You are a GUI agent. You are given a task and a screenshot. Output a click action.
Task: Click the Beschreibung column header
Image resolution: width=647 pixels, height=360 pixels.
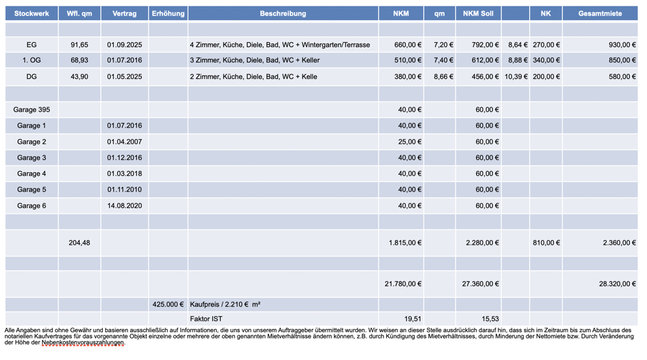tap(283, 14)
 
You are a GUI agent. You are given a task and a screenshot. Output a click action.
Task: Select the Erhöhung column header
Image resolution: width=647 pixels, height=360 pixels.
tap(168, 14)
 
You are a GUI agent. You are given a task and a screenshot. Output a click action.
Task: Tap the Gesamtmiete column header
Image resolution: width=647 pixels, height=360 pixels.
tap(600, 14)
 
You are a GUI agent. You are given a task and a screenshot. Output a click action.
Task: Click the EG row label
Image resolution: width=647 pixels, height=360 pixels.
tap(32, 45)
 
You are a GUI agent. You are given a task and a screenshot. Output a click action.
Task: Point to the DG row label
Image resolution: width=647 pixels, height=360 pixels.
tap(32, 77)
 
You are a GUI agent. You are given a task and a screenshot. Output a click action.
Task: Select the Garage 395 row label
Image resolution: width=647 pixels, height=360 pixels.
tap(32, 110)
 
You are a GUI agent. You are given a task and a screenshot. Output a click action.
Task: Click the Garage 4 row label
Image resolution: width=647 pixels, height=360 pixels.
tap(32, 174)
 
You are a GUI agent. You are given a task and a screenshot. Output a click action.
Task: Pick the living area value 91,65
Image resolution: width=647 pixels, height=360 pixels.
tap(80, 45)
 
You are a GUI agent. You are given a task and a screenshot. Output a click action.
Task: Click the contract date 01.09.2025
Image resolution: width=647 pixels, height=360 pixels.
tap(124, 45)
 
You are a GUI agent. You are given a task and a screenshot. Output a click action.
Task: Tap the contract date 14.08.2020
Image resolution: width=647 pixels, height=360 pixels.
tap(124, 206)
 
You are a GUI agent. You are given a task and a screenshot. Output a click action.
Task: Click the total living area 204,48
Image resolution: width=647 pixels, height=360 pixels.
tap(80, 243)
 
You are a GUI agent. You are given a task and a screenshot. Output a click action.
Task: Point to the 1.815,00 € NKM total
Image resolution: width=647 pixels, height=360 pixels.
tap(405, 243)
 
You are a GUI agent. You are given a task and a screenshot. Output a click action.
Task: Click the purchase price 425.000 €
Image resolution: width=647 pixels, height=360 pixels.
tap(168, 304)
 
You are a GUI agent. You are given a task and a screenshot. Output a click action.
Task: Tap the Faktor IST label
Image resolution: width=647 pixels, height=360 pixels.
tap(206, 319)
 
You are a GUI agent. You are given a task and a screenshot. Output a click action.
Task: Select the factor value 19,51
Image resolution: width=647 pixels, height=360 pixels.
tap(412, 319)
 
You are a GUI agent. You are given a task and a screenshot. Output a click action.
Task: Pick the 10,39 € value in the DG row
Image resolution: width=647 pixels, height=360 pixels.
tap(516, 77)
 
